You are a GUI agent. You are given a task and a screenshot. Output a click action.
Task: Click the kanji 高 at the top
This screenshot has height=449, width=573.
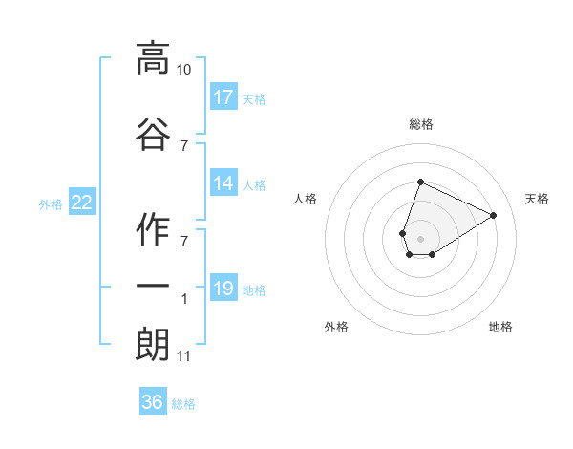[153, 58]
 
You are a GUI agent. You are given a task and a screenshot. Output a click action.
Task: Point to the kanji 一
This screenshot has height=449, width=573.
[153, 286]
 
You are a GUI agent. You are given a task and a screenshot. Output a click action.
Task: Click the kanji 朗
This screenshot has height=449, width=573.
[153, 344]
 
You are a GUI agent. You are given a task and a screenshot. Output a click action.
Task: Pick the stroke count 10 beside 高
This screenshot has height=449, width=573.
[183, 70]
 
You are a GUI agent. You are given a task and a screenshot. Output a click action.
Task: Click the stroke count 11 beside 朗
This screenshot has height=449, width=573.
[183, 357]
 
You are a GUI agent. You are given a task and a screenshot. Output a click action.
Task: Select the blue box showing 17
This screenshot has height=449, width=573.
[223, 97]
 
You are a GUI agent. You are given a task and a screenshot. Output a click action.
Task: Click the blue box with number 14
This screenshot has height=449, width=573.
[223, 183]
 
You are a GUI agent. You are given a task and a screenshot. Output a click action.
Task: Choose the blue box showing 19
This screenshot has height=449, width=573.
[223, 289]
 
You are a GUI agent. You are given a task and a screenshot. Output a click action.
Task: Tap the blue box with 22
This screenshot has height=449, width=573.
[82, 203]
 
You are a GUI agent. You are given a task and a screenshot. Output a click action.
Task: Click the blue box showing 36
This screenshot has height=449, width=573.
[153, 402]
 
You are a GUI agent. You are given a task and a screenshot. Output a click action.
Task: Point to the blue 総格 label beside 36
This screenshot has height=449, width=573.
[183, 404]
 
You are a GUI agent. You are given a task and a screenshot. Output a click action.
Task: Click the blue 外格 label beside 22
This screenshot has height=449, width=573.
[51, 203]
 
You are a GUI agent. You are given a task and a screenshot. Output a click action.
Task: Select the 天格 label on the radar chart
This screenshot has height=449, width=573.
[537, 199]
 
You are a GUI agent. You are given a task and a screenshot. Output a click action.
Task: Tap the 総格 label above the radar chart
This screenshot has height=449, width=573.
[421, 124]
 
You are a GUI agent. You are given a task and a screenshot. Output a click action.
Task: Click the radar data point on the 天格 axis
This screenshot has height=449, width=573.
[494, 215]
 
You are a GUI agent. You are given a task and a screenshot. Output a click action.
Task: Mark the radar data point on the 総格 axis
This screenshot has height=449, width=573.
[420, 182]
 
